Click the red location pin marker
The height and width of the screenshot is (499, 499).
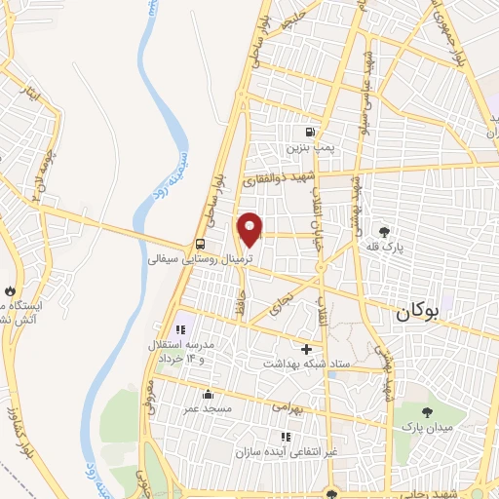coord(250,229)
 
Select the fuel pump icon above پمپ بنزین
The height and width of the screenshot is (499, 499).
coord(310,134)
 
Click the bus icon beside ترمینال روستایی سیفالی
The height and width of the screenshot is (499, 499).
coord(199,245)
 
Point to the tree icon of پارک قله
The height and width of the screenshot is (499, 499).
coord(386,232)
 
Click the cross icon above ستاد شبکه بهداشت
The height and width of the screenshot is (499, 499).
coord(307,349)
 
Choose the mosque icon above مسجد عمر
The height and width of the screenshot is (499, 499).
coord(208,395)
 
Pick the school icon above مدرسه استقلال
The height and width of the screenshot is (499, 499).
coord(179,329)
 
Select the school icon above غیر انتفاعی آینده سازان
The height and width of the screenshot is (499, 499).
coord(286,437)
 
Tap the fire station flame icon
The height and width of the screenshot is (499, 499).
coord(9,290)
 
